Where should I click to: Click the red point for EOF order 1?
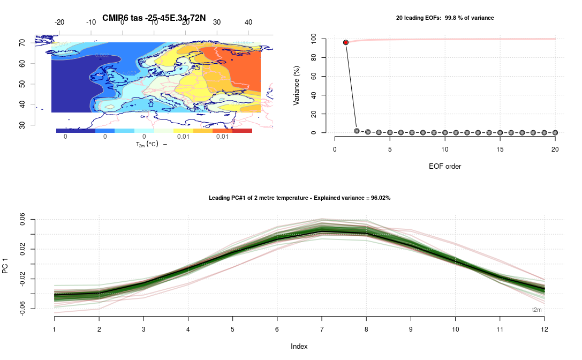tap(346, 42)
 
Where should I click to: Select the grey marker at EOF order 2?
tap(357, 131)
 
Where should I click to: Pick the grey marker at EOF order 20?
tap(555, 132)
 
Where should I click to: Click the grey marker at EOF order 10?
tap(445, 132)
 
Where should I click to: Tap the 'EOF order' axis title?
tap(444, 166)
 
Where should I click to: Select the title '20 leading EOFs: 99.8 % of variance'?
tap(444, 18)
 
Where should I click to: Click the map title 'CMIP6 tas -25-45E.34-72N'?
tap(154, 18)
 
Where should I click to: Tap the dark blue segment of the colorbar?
tap(75, 131)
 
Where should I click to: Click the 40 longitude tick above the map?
tap(248, 22)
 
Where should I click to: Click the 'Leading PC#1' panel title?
tap(299, 198)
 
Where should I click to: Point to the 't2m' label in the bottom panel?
tap(536, 310)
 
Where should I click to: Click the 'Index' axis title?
tap(299, 346)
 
